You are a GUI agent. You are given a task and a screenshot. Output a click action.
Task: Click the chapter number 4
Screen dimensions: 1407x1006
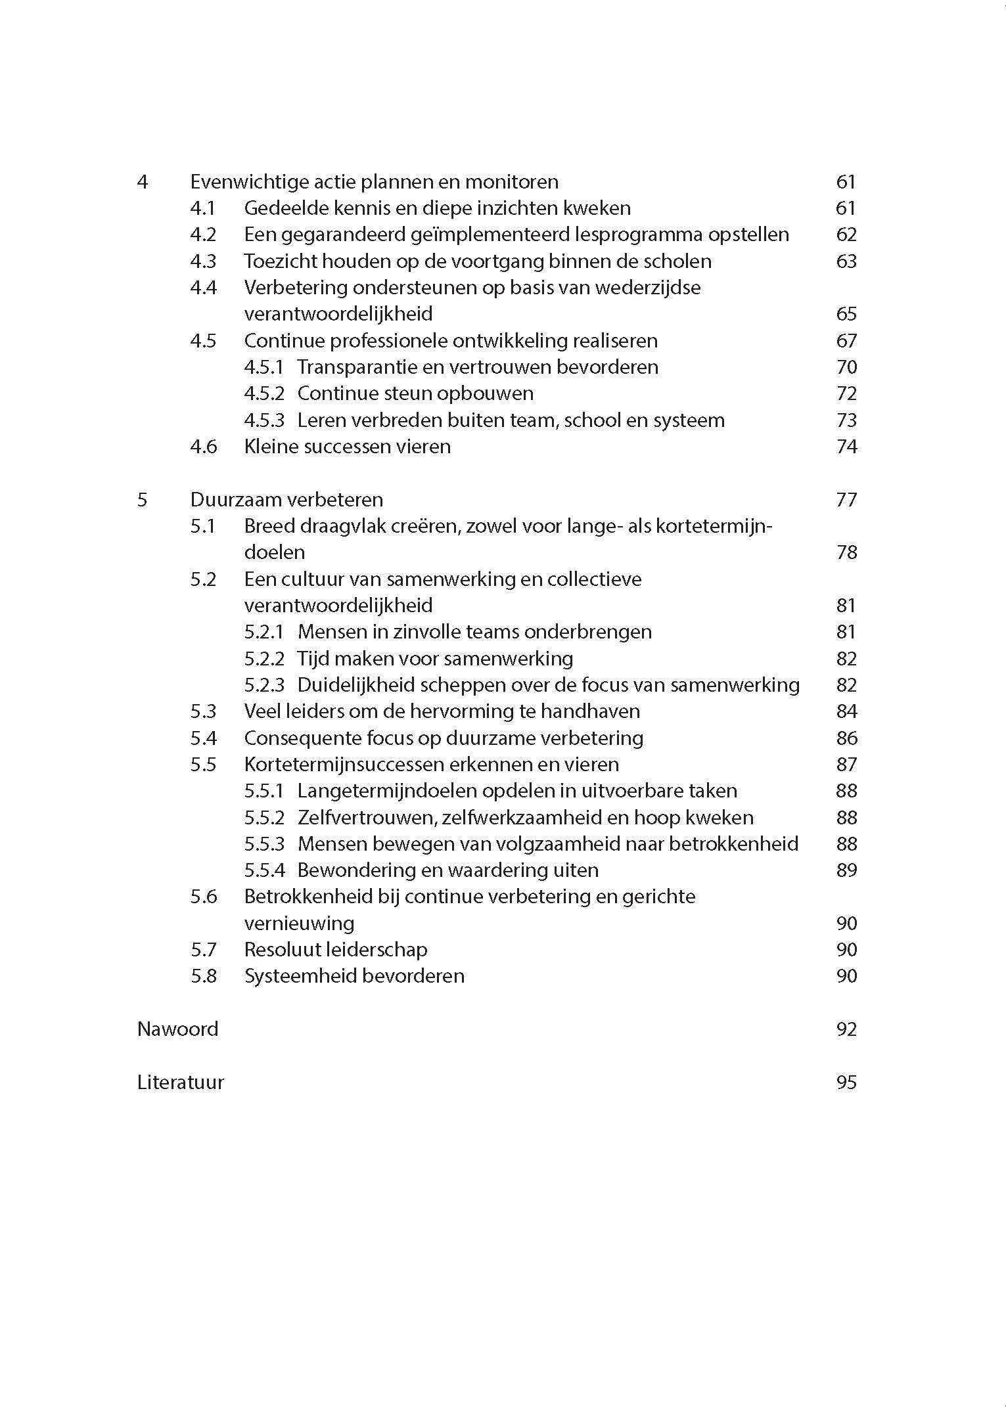143,182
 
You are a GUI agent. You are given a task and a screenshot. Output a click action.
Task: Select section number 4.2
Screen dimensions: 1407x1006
203,234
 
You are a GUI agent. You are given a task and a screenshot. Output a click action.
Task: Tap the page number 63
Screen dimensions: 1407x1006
846,261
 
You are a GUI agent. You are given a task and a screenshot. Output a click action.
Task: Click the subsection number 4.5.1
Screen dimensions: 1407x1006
263,367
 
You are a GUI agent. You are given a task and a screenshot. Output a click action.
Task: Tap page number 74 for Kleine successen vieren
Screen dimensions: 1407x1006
846,447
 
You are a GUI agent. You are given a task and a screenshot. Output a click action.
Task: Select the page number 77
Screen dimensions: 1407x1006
846,500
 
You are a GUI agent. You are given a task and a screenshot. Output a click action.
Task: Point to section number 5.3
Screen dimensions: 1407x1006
203,711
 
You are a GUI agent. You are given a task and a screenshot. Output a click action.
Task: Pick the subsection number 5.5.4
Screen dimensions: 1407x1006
264,870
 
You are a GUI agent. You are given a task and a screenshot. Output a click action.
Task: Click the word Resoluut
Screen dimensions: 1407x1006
279,950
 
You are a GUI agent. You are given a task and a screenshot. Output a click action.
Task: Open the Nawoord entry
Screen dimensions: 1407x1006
177,1029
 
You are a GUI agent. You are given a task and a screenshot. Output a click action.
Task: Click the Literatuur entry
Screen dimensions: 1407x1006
180,1083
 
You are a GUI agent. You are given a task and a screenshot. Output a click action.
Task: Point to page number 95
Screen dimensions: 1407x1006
846,1083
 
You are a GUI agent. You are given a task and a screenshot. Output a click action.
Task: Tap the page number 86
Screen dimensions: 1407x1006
846,738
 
